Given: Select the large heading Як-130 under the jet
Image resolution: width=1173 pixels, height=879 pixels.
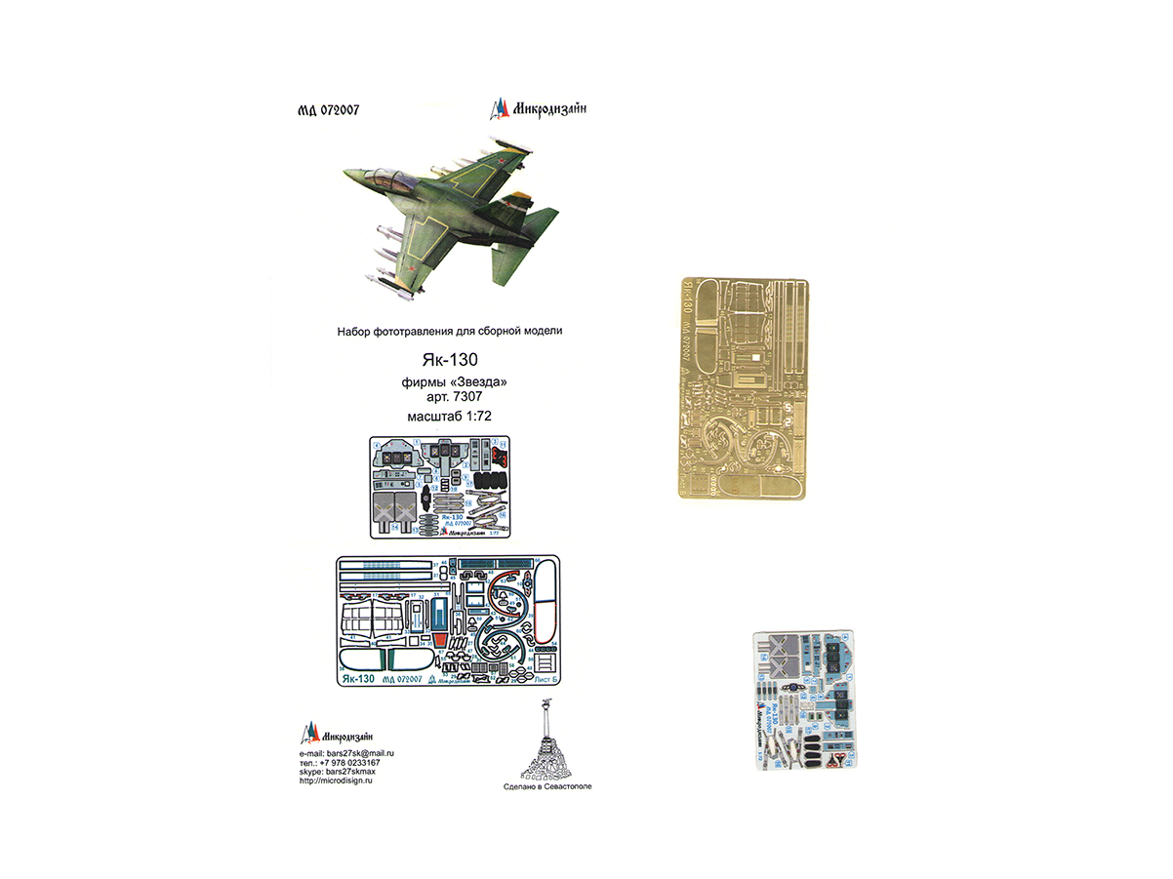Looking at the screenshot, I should coord(449,360).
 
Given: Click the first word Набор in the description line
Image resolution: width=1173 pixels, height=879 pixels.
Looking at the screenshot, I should coord(354,332).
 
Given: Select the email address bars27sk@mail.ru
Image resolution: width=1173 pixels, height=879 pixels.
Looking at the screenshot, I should coord(360,755).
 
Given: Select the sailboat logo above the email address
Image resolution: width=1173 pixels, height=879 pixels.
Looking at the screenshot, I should coord(309,731).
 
